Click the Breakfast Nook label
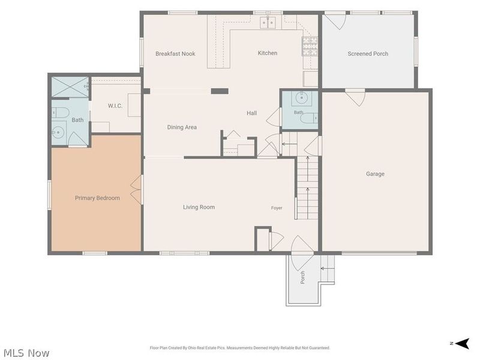(x=175, y=53)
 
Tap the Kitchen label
(x=268, y=53)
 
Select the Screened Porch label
(x=368, y=53)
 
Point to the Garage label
(x=375, y=174)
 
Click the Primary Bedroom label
(x=97, y=198)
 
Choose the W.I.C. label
(x=115, y=106)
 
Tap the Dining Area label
(x=182, y=127)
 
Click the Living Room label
(x=199, y=207)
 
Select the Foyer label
(x=277, y=208)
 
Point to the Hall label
(x=251, y=113)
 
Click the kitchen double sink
(x=268, y=23)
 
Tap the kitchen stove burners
(x=310, y=47)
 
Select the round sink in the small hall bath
(x=302, y=98)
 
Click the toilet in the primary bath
(x=59, y=113)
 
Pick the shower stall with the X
(x=70, y=87)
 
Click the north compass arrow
(x=462, y=343)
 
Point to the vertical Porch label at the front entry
(x=302, y=277)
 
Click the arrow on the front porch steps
(x=326, y=268)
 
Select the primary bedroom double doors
(x=137, y=190)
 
